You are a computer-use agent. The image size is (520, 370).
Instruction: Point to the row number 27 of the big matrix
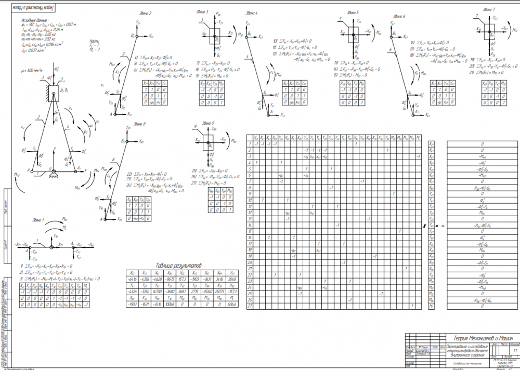[x=250, y=307]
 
